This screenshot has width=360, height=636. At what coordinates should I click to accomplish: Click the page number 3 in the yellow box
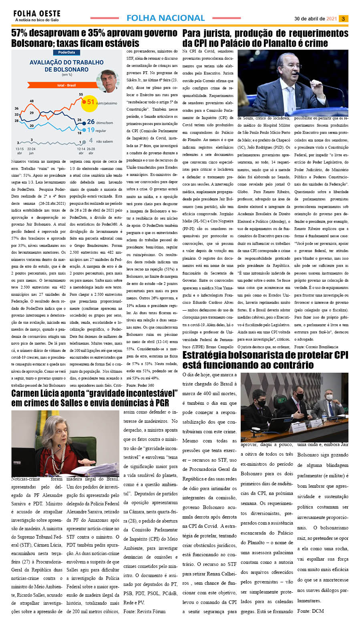(x=343, y=18)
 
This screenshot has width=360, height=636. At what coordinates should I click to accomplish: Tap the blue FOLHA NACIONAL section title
(x=165, y=18)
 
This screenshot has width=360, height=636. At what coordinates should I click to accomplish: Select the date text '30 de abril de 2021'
(x=316, y=18)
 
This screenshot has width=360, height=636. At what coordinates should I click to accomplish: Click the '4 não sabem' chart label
(x=101, y=141)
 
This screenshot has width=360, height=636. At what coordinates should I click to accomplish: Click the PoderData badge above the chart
(x=66, y=52)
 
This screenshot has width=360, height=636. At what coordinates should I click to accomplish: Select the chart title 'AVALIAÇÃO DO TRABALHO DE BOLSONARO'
(x=66, y=66)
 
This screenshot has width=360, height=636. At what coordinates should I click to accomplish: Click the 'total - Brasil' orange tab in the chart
(x=66, y=85)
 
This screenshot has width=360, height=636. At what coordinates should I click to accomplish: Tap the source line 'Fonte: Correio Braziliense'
(x=316, y=347)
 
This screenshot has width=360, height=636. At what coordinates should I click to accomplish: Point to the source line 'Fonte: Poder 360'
(x=140, y=386)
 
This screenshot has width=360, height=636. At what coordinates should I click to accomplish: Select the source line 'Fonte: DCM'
(x=310, y=611)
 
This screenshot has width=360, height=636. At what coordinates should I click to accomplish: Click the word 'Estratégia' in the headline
(x=208, y=355)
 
